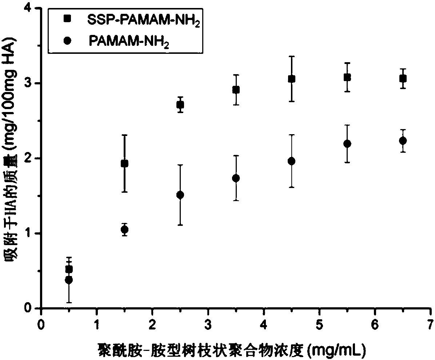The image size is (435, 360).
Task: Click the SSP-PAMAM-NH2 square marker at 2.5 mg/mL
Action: [180, 105]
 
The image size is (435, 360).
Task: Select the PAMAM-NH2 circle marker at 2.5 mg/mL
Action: [180, 195]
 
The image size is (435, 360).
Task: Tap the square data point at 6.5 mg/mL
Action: [403, 79]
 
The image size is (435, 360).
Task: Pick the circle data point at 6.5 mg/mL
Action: [403, 141]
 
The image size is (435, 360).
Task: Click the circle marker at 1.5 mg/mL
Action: [124, 229]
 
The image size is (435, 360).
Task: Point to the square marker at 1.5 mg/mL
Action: [124, 164]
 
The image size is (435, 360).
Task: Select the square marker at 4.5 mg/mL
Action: [291, 79]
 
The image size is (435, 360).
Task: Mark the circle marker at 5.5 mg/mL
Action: [347, 144]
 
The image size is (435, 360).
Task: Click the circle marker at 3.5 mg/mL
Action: [236, 178]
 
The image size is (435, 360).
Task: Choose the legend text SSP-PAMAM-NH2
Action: [144, 21]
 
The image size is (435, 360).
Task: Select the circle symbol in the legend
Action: [67, 40]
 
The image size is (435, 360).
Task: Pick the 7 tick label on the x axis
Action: [431, 324]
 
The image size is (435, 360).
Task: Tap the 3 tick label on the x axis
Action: [208, 324]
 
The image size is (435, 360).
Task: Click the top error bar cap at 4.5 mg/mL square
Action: [291, 56]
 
